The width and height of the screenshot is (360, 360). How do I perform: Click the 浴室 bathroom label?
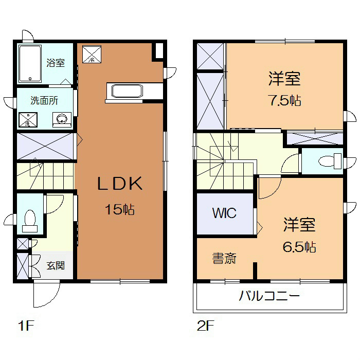[x=56, y=63]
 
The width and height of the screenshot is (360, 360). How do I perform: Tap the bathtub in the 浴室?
[x=30, y=64]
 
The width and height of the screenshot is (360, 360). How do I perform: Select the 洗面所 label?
[x=44, y=100]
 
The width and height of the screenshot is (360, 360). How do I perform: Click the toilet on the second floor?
[x=330, y=161]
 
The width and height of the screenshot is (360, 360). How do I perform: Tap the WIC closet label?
[x=225, y=212]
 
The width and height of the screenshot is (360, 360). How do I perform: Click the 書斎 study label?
[x=224, y=259]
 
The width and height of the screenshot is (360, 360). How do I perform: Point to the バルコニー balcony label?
[x=269, y=297]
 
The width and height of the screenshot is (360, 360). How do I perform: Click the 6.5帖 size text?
[x=299, y=247]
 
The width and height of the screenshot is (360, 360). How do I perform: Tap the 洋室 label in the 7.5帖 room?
[x=284, y=80]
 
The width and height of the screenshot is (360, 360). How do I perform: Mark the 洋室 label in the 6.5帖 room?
[x=299, y=225]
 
